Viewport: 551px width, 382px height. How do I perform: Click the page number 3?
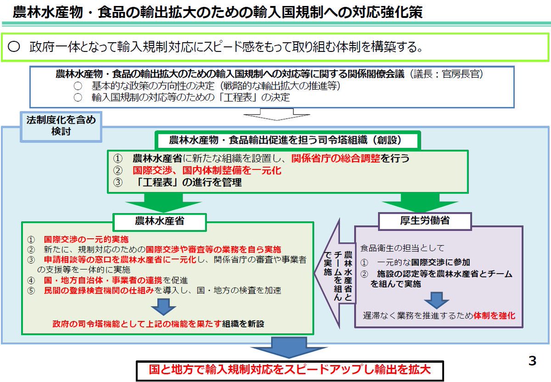pos(532,361)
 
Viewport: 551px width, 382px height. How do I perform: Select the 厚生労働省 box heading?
pos(425,221)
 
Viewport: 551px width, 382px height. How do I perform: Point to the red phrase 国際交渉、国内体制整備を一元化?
pos(207,171)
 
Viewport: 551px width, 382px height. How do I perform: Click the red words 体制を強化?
pos(495,316)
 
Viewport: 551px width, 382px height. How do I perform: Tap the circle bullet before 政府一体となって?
pos(14,47)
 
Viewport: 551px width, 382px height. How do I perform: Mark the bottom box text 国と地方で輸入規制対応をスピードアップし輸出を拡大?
pos(290,371)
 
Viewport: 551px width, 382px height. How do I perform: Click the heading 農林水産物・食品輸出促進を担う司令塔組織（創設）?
pos(287,140)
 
